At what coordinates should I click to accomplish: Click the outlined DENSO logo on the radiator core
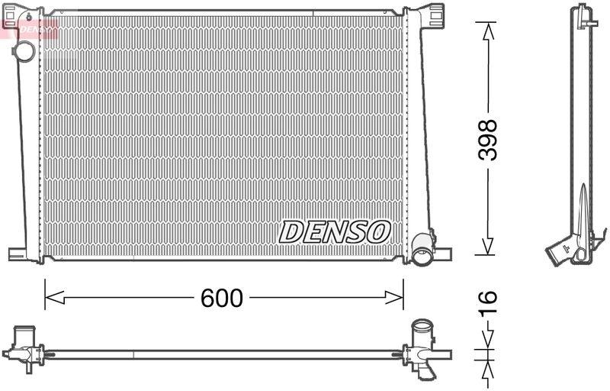coord(335,231)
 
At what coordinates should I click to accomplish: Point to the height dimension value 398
coord(488,139)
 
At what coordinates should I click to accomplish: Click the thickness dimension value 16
coord(488,302)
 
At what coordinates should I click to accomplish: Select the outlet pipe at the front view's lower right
coord(422,250)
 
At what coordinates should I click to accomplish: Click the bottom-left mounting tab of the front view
coord(18,254)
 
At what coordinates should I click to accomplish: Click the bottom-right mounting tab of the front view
coord(442,254)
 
